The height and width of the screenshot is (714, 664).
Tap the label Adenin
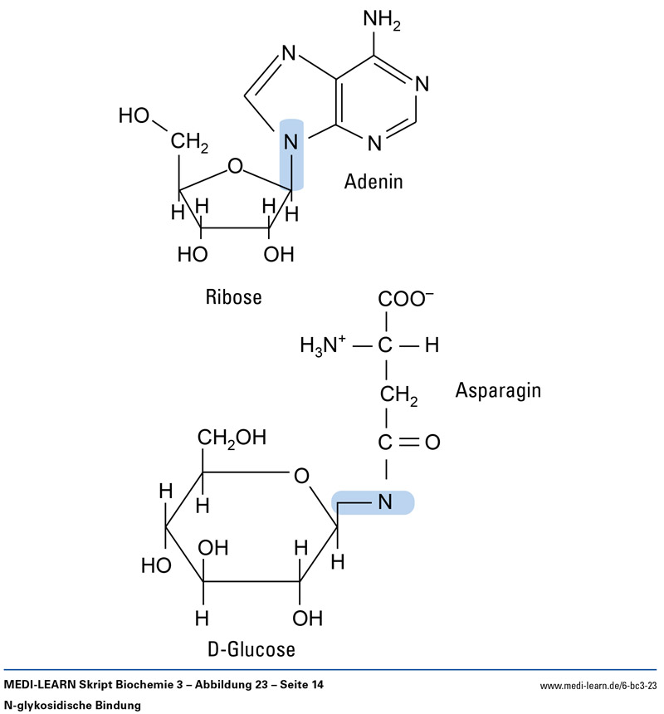coord(373,181)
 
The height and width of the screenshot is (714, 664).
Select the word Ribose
coord(233,296)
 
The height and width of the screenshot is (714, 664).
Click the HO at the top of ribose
coord(135,115)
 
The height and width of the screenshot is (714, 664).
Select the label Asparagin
coord(498,389)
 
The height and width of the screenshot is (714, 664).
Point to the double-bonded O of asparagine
coord(432,443)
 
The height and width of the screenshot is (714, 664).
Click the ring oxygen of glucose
coord(301,476)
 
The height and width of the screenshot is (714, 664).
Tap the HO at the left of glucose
coord(155,565)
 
